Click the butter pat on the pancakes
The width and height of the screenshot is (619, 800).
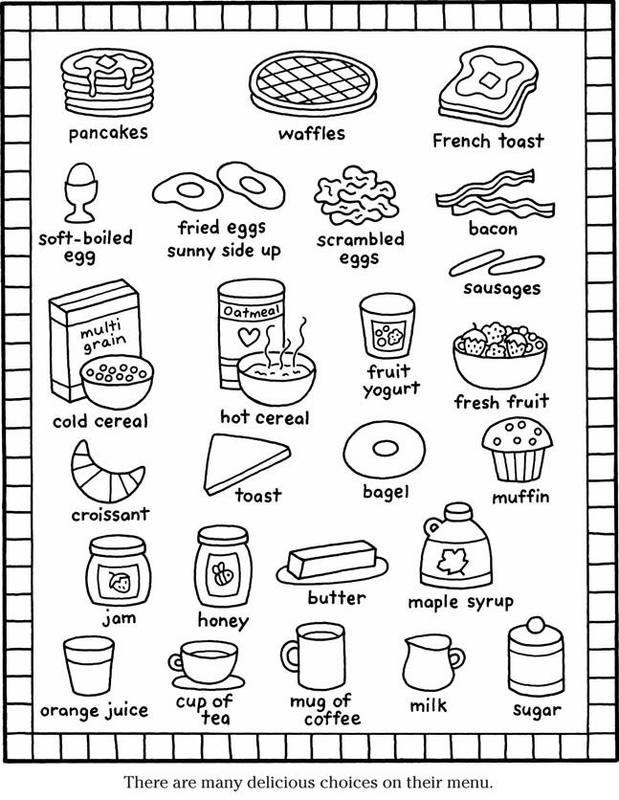(107, 62)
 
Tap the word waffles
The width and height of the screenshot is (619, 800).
(312, 134)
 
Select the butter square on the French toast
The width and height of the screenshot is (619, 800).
(490, 80)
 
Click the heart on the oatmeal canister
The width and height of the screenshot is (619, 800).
(249, 336)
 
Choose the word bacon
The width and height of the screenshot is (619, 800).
(493, 229)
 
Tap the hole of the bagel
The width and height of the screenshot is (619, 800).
(385, 449)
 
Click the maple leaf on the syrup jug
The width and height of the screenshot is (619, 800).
(452, 561)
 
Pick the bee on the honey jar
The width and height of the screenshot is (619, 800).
(223, 573)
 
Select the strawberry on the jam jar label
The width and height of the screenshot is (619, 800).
(120, 582)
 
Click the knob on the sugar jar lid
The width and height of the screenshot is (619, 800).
(536, 625)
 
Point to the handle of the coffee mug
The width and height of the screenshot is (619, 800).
(289, 656)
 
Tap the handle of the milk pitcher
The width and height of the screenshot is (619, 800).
(457, 658)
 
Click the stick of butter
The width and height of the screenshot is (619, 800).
(331, 559)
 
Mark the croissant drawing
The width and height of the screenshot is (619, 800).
(106, 473)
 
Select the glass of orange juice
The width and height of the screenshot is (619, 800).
(89, 665)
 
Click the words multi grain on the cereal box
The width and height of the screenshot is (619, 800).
(103, 335)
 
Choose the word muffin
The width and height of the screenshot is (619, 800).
(520, 496)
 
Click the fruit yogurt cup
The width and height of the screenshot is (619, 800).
(387, 325)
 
